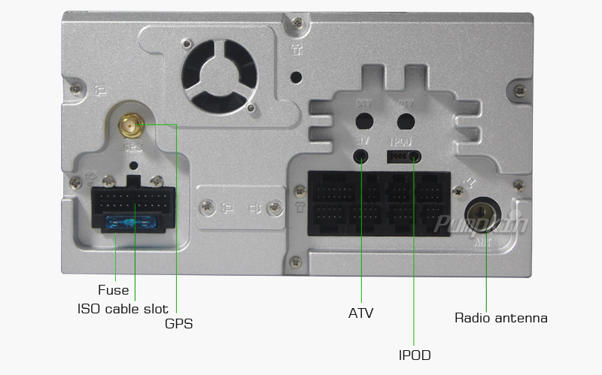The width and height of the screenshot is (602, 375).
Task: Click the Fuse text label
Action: (x=114, y=290)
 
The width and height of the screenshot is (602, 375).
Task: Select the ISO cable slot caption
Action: (x=123, y=309)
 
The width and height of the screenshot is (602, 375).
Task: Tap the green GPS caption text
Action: (x=179, y=325)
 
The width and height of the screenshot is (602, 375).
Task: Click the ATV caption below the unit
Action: (x=361, y=313)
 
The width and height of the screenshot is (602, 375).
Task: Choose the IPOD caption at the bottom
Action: (x=415, y=355)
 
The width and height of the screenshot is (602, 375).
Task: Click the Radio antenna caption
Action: (x=501, y=318)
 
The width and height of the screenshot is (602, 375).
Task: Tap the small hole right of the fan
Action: (x=296, y=77)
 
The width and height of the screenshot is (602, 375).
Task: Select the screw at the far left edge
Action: (x=74, y=89)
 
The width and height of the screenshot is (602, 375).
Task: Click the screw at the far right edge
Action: (x=518, y=91)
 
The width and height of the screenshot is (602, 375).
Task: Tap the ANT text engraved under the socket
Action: (x=482, y=243)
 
